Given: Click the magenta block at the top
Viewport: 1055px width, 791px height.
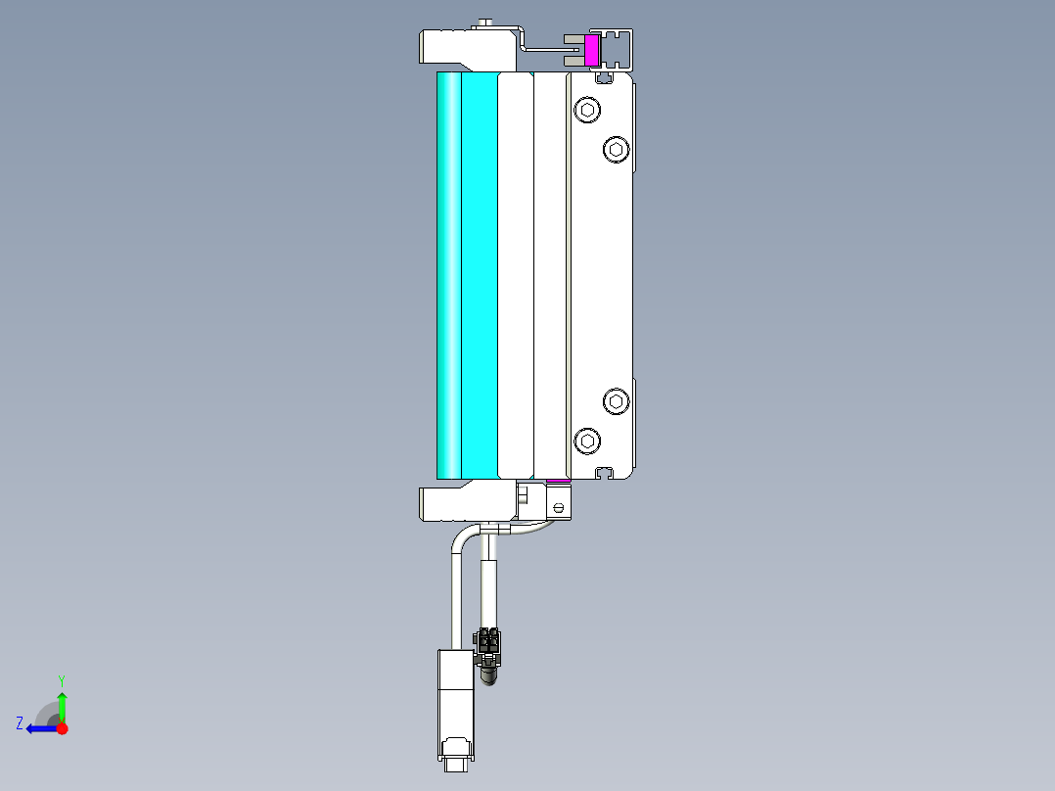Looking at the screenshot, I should (591, 50).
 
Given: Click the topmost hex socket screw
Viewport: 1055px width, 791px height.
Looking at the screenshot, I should (586, 110).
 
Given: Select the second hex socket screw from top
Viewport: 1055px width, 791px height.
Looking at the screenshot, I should (616, 149).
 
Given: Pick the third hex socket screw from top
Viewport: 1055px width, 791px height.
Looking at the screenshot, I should (616, 400).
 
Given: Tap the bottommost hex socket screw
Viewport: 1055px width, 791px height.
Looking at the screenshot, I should (586, 440).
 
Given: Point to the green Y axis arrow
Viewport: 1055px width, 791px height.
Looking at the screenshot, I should (62, 703).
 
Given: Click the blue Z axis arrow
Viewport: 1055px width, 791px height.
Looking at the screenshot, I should (39, 728).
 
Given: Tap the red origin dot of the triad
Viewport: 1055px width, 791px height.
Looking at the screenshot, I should (62, 728).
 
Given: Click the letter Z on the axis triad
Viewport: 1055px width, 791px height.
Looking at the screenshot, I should (20, 723).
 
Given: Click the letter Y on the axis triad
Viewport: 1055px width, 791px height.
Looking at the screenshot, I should (62, 679).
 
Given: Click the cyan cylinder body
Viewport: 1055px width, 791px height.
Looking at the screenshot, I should (468, 274).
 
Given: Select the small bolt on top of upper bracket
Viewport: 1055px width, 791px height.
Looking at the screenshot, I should (486, 23).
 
